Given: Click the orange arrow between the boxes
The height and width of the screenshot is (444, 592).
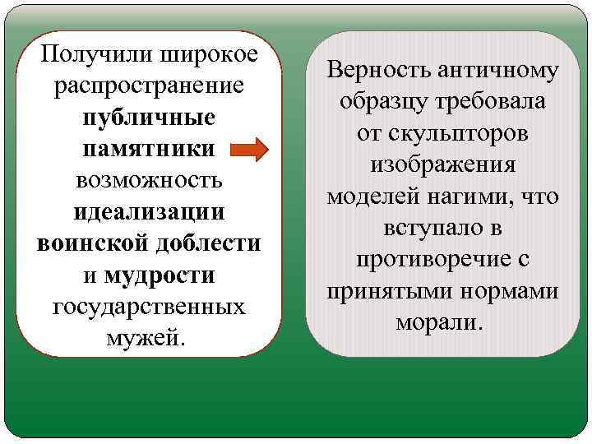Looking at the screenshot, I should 270,150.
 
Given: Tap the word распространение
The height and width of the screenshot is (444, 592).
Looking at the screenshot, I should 148,86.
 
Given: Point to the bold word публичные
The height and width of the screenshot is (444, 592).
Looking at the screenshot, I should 149,118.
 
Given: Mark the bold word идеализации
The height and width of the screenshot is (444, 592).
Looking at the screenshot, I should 149,211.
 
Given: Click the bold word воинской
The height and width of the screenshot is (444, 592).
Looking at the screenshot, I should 87,243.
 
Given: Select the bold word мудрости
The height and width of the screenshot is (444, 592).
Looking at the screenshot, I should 160,275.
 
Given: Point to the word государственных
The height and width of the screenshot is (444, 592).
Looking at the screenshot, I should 149,306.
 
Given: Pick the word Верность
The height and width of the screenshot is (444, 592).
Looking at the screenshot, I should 378,70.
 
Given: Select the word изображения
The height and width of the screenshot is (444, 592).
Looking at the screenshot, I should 442,164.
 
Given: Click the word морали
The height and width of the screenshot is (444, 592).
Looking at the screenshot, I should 442,321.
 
